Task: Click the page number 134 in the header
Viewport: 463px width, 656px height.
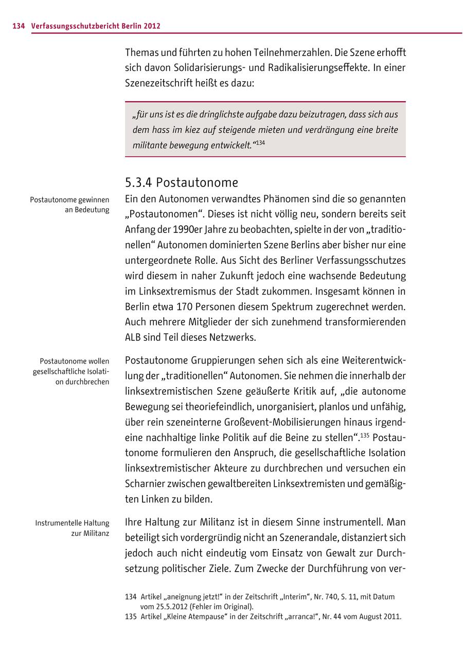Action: [x=19, y=26]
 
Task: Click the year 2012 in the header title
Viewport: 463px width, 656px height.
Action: [x=152, y=26]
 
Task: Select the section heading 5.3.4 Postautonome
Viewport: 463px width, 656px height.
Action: [x=182, y=183]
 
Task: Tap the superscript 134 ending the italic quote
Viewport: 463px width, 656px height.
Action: [x=260, y=142]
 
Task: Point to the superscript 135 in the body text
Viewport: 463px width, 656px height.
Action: [x=365, y=435]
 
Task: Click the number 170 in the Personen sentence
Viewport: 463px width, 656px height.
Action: [x=185, y=307]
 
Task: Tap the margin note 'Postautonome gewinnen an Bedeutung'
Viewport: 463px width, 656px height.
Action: [x=69, y=205]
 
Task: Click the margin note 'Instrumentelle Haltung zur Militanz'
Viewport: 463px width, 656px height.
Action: [x=73, y=528]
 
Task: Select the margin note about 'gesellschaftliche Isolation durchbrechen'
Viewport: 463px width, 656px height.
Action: [x=70, y=371]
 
